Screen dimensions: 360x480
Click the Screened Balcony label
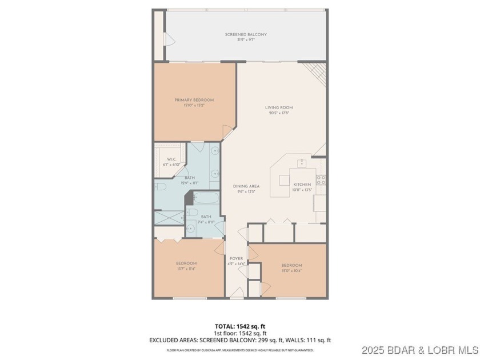(246, 35)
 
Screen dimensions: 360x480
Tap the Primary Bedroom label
(194, 100)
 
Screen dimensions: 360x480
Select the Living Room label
(279, 107)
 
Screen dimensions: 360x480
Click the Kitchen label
(302, 185)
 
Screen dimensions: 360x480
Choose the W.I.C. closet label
(171, 159)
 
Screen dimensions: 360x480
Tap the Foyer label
(236, 258)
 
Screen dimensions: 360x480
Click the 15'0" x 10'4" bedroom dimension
(291, 271)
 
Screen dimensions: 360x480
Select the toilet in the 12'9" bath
(161, 187)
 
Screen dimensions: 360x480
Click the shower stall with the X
(169, 217)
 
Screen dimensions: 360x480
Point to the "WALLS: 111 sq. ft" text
(311, 339)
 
